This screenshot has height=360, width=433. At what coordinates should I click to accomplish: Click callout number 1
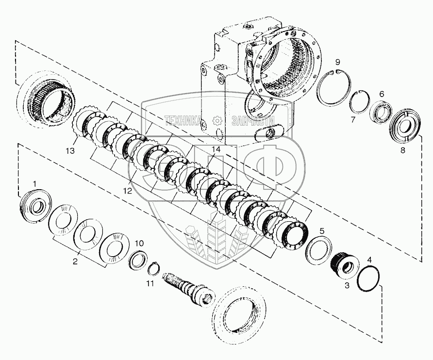coord(34,183)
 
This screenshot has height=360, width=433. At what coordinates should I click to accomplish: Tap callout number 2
coord(75,262)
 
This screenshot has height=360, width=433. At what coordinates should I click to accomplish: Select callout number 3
coord(347,286)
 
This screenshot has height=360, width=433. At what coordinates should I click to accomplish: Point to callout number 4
coord(369,261)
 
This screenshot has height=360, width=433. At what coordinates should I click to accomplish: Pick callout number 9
coord(337,62)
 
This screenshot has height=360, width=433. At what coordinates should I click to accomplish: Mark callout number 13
coord(70,151)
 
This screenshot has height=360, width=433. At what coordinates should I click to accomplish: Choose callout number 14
coord(216,150)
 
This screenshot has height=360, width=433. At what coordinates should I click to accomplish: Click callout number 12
coord(127,191)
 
